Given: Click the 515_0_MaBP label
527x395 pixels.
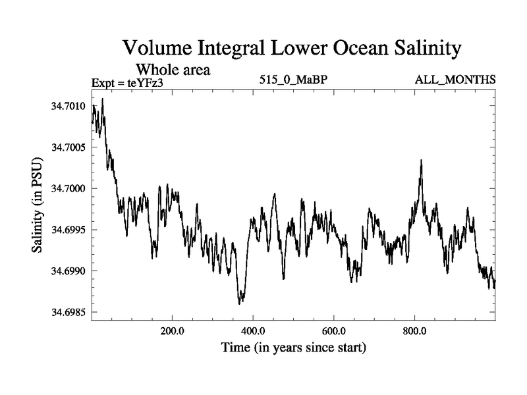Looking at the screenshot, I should pyautogui.click(x=293, y=80).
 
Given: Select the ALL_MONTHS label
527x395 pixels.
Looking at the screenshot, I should pyautogui.click(x=455, y=80).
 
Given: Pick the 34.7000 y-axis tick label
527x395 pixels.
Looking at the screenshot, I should pyautogui.click(x=68, y=188).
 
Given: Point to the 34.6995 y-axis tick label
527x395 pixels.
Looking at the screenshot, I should pyautogui.click(x=68, y=230).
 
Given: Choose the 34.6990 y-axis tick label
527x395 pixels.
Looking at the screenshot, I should pyautogui.click(x=68, y=271).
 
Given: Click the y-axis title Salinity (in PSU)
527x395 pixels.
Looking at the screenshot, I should pyautogui.click(x=37, y=209).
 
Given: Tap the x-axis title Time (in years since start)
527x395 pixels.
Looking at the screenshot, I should pyautogui.click(x=293, y=347).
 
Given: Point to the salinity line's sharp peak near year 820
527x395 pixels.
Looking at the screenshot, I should pyautogui.click(x=421, y=161).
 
